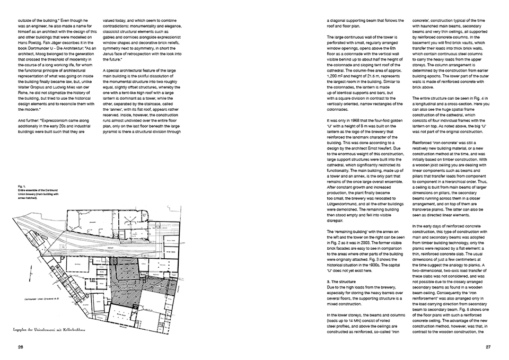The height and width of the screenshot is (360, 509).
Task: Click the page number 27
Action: (488, 347)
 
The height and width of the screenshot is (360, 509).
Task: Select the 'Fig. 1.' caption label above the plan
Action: (22, 187)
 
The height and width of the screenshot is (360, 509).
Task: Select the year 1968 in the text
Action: (358, 135)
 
